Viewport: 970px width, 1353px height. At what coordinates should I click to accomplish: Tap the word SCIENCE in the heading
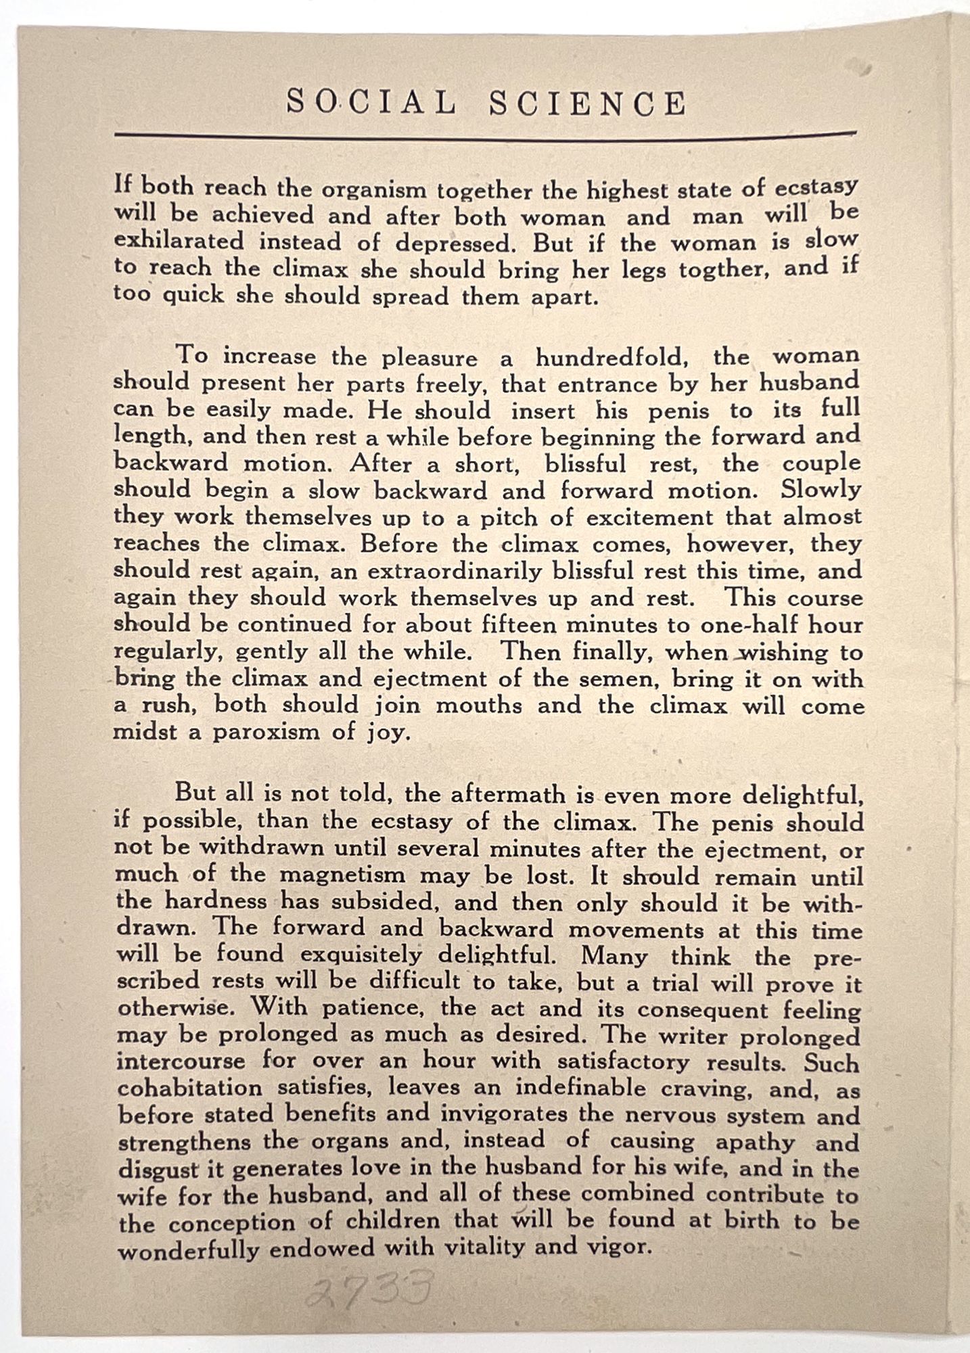click(587, 104)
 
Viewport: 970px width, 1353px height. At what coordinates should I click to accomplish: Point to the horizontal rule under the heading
click(485, 135)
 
